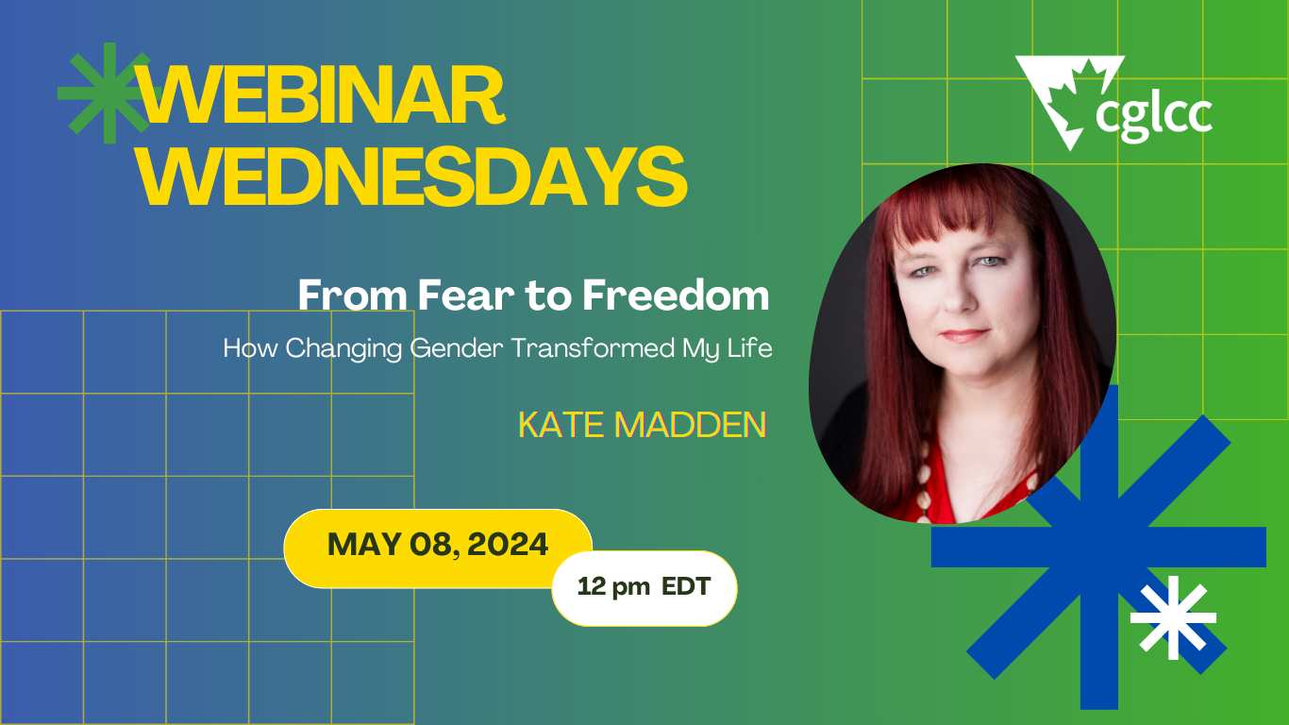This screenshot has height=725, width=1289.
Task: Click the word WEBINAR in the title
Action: pyautogui.click(x=321, y=97)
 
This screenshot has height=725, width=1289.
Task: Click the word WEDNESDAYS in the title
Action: pyautogui.click(x=412, y=177)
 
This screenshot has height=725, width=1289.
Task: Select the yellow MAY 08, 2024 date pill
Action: pyautogui.click(x=437, y=547)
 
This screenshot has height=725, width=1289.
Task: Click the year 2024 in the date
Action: pyautogui.click(x=511, y=545)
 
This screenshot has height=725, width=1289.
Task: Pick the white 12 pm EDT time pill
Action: pyautogui.click(x=644, y=587)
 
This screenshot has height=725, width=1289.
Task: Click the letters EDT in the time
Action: pyautogui.click(x=686, y=586)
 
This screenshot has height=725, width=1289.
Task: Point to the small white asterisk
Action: pyautogui.click(x=1173, y=617)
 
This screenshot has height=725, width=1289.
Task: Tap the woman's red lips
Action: pyautogui.click(x=963, y=335)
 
